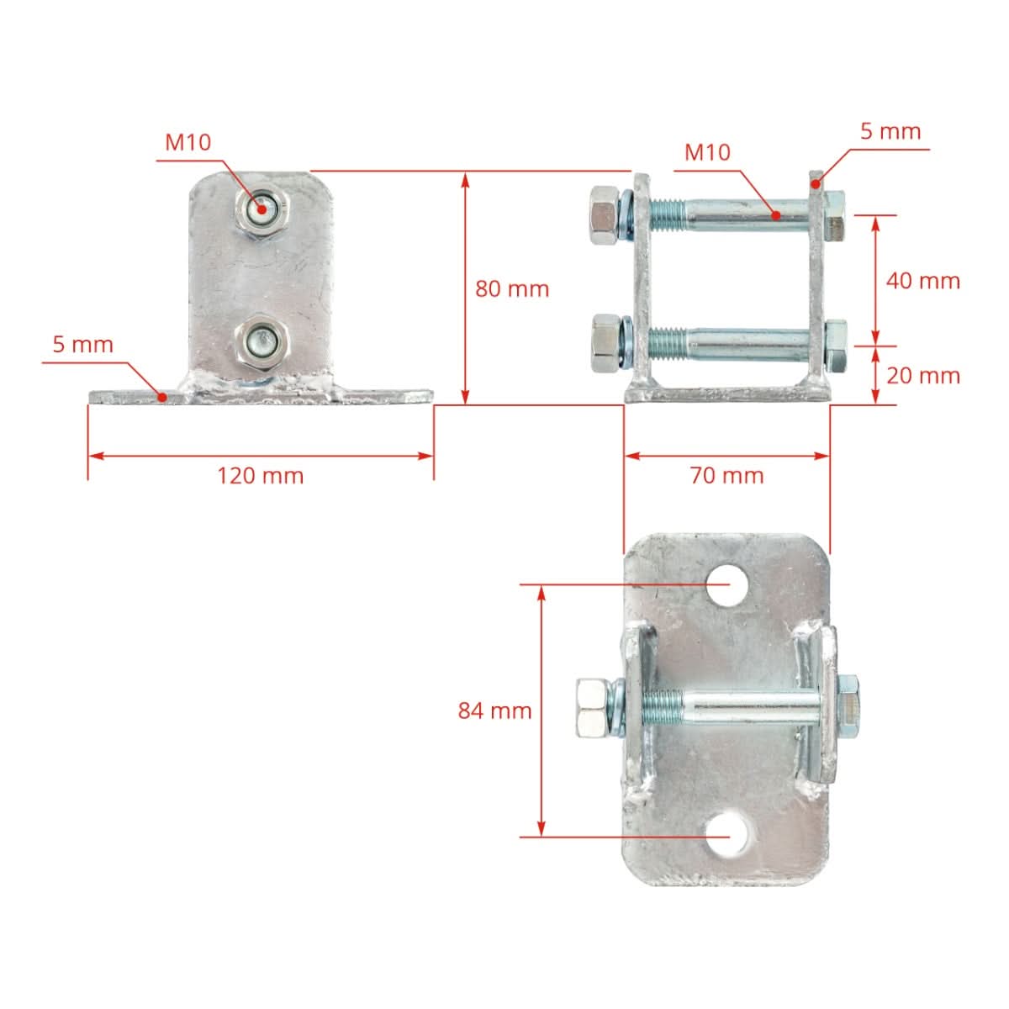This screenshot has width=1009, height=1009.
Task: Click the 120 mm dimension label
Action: point(260,476)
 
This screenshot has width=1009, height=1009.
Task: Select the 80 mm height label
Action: point(512,289)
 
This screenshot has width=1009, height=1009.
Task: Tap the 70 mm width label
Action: point(726,476)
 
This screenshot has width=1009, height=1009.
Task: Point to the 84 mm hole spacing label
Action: point(494,711)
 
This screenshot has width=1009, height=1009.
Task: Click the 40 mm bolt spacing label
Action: point(922,281)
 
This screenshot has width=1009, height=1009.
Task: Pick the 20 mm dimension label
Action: point(922,375)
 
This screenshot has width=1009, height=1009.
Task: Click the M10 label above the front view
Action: point(188,142)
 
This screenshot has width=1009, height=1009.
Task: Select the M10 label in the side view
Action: point(707,152)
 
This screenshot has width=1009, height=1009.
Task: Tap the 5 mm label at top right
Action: point(890,131)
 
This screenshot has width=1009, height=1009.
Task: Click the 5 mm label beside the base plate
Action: point(82,344)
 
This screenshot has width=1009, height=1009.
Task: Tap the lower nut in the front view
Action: point(262,342)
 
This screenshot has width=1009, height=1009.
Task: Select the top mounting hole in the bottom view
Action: point(728,584)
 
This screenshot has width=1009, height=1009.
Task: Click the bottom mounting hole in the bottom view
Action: point(728,835)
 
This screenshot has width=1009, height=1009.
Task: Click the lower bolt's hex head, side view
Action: point(604,343)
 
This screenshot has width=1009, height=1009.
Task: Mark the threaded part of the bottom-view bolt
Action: point(662,707)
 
